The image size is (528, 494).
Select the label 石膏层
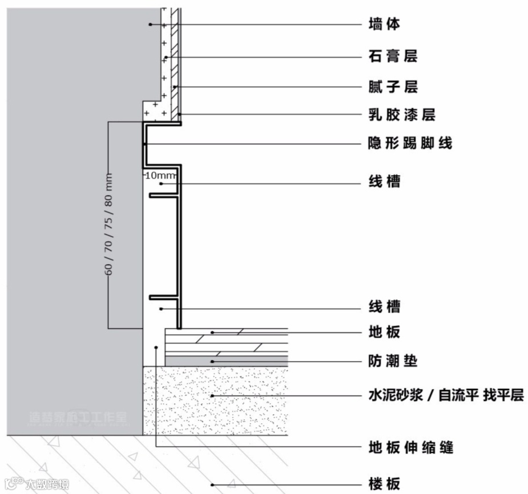(x=393, y=56)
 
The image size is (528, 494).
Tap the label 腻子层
(x=393, y=87)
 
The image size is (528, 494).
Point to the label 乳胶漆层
(x=402, y=115)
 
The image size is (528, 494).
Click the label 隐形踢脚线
(x=410, y=143)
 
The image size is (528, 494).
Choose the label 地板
(x=385, y=332)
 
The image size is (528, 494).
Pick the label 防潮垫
(x=393, y=361)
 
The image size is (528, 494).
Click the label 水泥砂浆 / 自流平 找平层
(x=446, y=395)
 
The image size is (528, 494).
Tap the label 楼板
(x=385, y=484)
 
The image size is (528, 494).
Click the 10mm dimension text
(x=160, y=175)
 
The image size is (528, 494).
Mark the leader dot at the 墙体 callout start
(x=150, y=24)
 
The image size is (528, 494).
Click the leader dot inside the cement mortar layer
(x=212, y=395)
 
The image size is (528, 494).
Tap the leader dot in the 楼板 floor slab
(x=212, y=485)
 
